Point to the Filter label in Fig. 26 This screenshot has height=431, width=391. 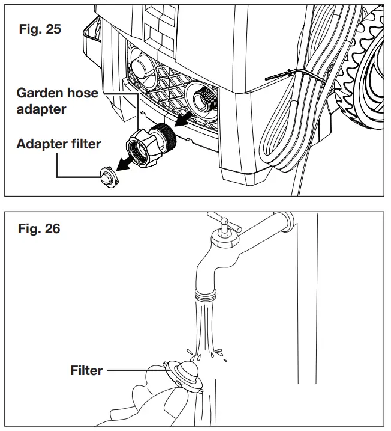(x=86, y=370)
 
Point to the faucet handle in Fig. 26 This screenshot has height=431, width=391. (x=227, y=227)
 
